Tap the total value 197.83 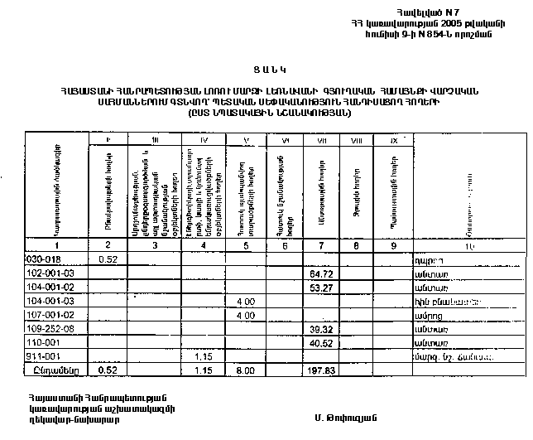318,371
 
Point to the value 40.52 319,342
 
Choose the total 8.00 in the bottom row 244,371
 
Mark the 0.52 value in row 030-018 106,259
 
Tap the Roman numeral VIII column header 356,143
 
